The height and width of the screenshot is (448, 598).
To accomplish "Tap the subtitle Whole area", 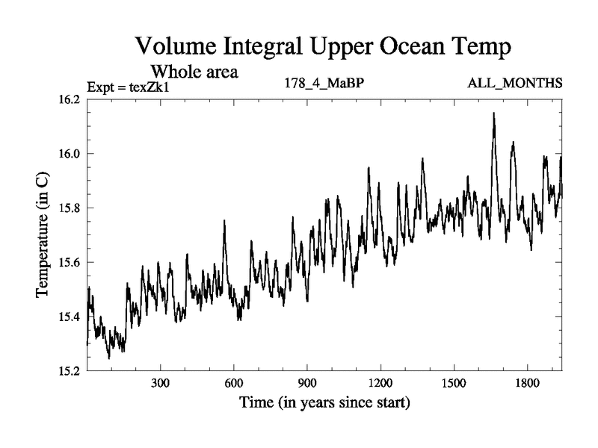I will (195, 72).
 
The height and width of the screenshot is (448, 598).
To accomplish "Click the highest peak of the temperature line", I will (494, 113).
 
